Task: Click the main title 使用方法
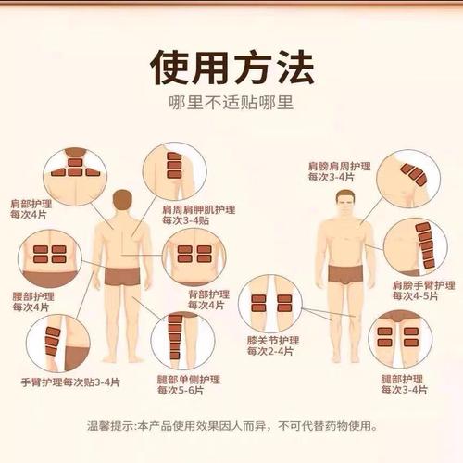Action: click(x=231, y=68)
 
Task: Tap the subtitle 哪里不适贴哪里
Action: click(x=231, y=104)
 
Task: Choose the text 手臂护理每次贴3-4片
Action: click(x=70, y=382)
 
